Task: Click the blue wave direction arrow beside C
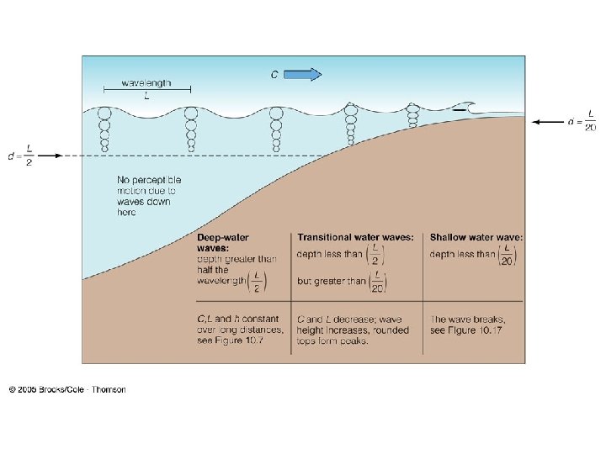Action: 304,74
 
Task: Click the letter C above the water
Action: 274,74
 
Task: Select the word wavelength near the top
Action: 146,82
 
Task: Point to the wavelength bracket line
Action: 146,89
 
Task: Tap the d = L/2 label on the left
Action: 20,156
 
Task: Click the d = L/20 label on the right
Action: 582,122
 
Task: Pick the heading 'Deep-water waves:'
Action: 223,243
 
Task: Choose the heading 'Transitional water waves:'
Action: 355,238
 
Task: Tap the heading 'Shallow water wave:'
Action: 476,238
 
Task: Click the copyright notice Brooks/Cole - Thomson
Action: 67,389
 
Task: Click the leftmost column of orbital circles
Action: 105,129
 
